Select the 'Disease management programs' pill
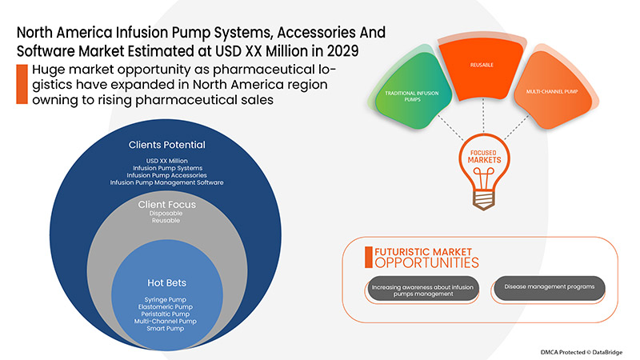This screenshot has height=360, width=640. [549, 288]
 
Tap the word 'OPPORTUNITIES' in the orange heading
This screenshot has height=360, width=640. [426, 262]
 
